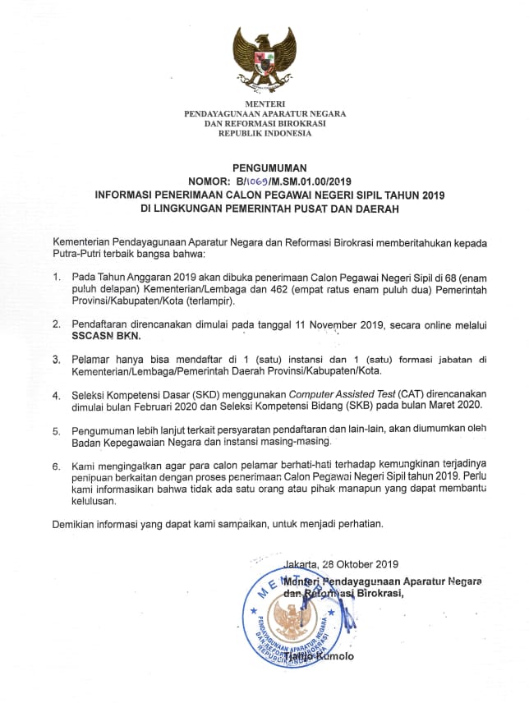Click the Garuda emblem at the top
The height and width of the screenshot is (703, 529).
point(264,58)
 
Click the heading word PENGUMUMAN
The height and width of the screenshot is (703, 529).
point(264,167)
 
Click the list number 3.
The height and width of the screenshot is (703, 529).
point(56,359)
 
